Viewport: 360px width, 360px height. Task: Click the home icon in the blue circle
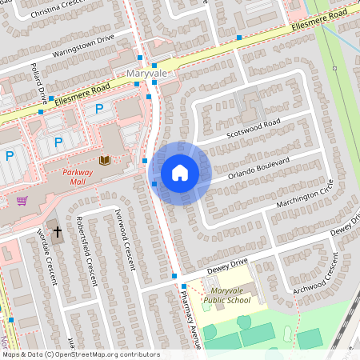(180, 173)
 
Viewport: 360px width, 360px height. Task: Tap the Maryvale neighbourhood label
(146, 74)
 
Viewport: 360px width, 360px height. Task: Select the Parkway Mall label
(83, 176)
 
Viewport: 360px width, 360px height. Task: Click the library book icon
(105, 161)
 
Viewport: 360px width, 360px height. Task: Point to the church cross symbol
(57, 232)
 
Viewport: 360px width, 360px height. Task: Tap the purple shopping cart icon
(22, 201)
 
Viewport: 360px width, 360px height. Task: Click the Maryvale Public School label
(226, 295)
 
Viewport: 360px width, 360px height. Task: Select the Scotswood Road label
(253, 127)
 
